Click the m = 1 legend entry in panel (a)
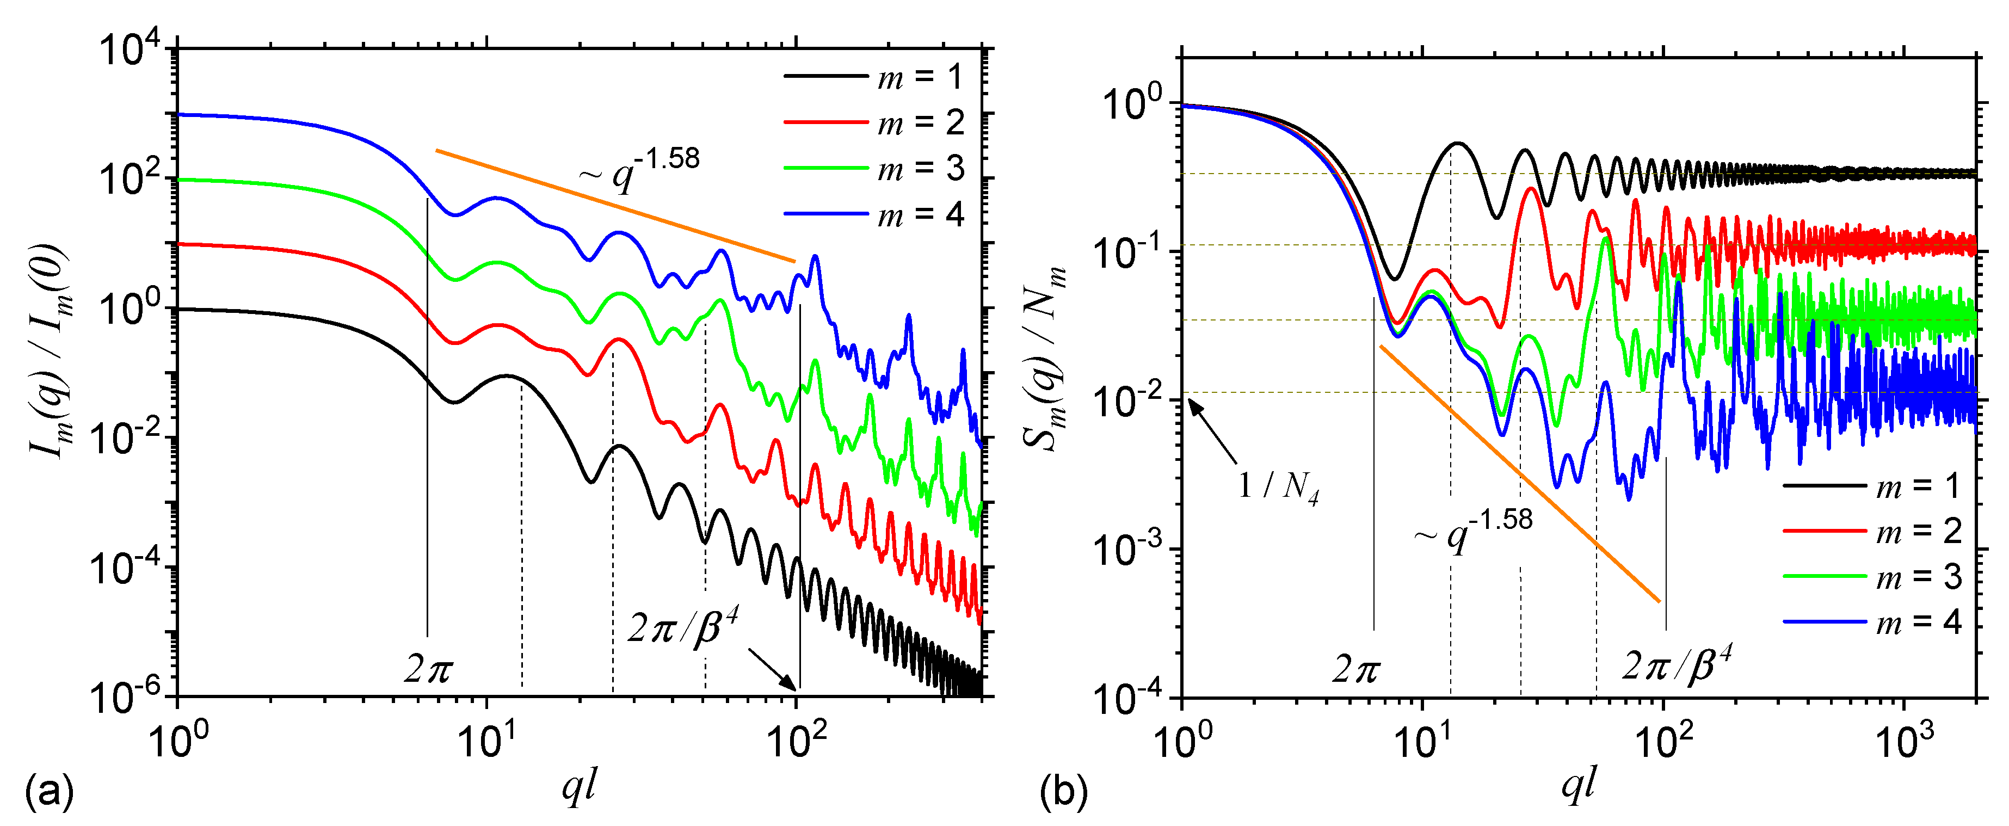tap(873, 76)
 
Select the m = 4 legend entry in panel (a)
tap(873, 214)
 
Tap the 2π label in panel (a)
tap(428, 668)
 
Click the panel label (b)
tap(1064, 792)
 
